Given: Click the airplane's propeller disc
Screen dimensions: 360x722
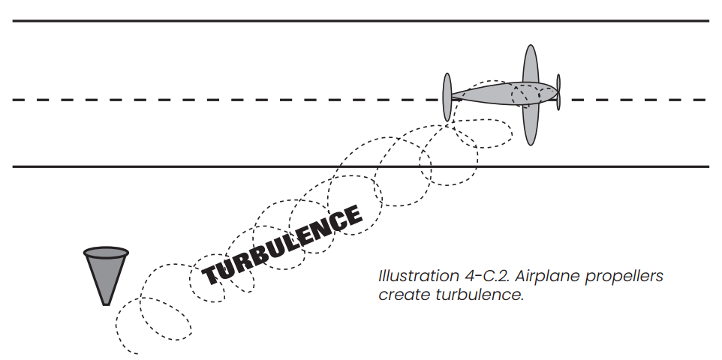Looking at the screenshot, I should tap(448, 97).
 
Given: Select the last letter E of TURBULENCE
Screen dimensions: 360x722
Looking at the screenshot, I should tap(351, 215).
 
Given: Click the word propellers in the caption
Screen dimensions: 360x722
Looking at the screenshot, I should tap(626, 277).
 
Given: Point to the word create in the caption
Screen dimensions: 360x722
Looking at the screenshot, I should tap(402, 294).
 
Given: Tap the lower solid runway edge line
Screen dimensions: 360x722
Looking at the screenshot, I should tap(225, 166).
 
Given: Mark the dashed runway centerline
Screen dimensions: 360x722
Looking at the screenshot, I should tap(225, 100).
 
